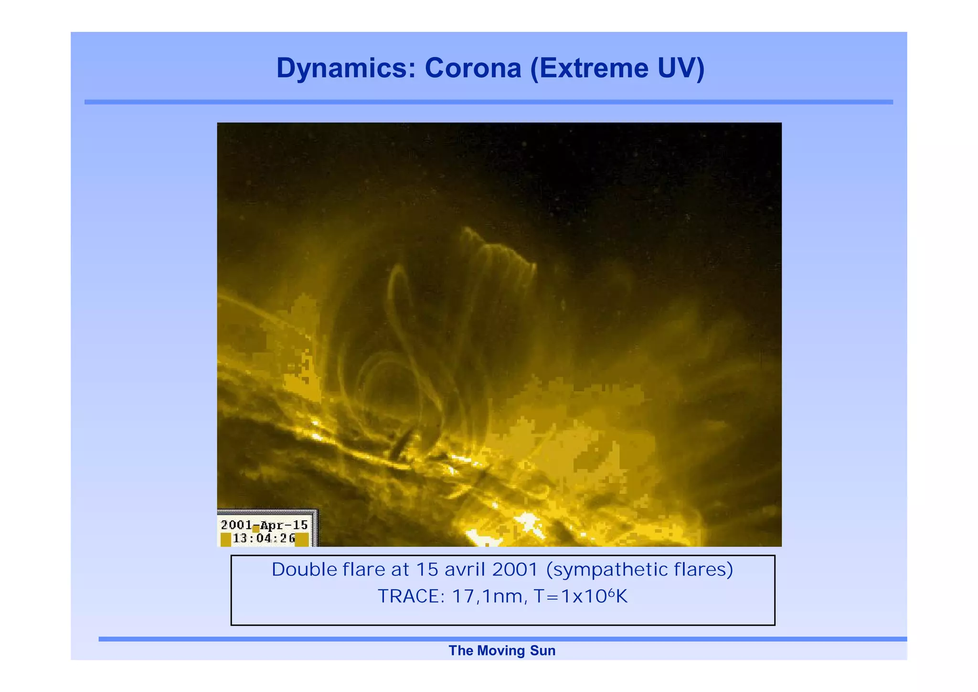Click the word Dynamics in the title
coord(342,68)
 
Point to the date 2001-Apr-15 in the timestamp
coord(264,525)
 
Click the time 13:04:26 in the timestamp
coord(264,539)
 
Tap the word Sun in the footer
coord(542,651)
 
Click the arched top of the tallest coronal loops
coord(497,249)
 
